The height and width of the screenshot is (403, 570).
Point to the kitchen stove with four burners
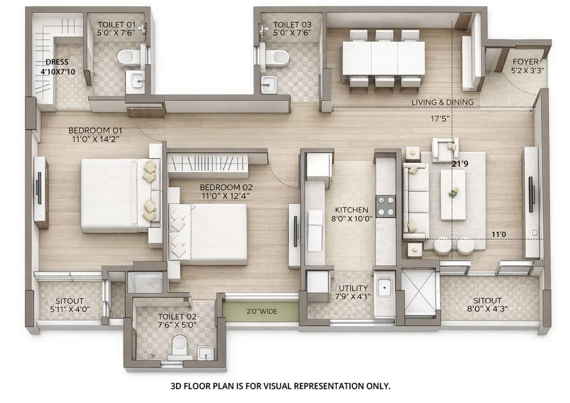pos(386,206)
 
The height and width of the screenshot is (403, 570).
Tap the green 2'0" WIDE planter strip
pos(261,312)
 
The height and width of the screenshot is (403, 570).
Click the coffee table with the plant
pos(453,194)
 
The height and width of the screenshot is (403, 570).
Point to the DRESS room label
pos(57,62)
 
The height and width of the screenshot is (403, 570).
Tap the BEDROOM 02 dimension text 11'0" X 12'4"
pos(226,196)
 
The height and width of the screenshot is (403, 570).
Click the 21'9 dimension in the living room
pos(460,164)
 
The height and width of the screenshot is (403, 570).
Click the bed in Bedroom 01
pos(114,195)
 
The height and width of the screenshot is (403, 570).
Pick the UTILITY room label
pos(353,288)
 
